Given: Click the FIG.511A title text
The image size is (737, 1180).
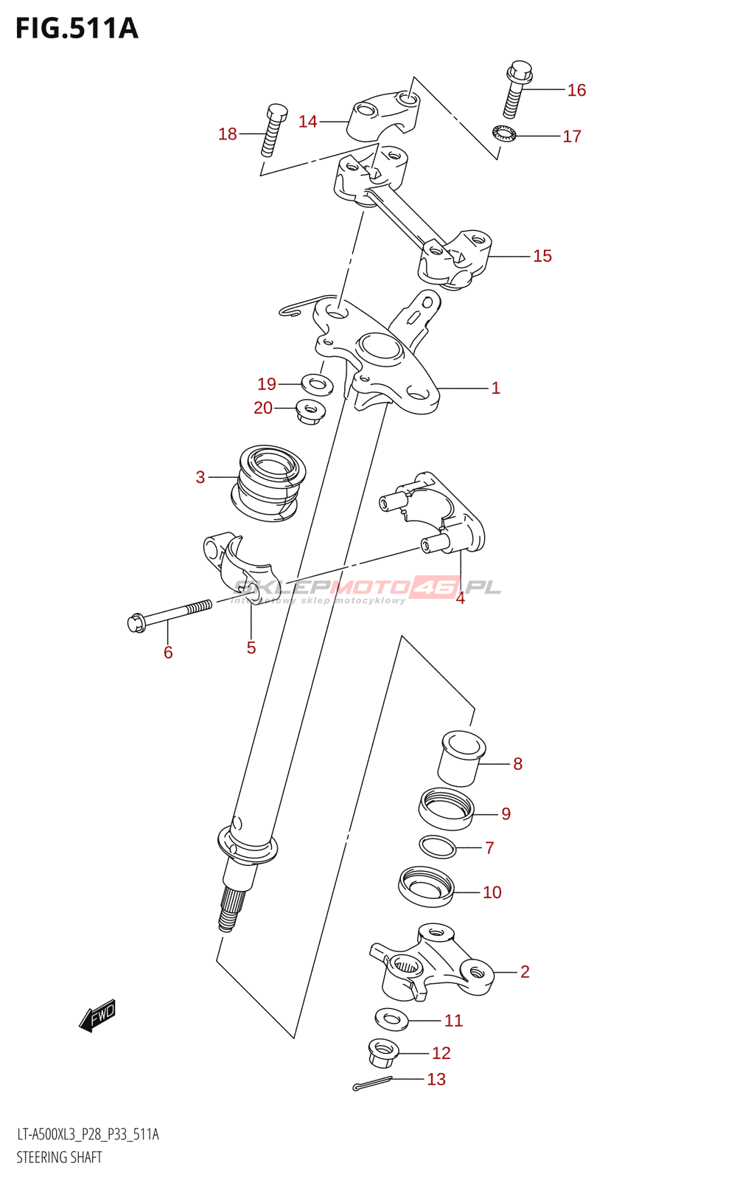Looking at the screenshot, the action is [77, 28].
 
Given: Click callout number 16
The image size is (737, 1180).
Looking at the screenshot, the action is [576, 90].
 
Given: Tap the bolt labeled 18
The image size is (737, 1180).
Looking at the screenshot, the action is [272, 131].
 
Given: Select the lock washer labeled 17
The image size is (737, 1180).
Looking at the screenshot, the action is [504, 134].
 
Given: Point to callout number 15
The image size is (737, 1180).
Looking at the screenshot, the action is [542, 256].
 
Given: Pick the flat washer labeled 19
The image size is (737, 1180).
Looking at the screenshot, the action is [317, 383].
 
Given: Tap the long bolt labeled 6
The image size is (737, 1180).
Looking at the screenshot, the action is [170, 614].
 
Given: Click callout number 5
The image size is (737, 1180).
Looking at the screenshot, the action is [251, 648].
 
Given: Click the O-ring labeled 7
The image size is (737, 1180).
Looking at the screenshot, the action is [438, 847].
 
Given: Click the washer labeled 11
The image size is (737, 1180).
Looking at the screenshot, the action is [391, 1019].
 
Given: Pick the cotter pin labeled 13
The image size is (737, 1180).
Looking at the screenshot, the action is [372, 1083].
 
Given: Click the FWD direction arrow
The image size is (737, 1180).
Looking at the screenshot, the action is [97, 1016].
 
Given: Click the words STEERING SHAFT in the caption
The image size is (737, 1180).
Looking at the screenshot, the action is [59, 1157].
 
